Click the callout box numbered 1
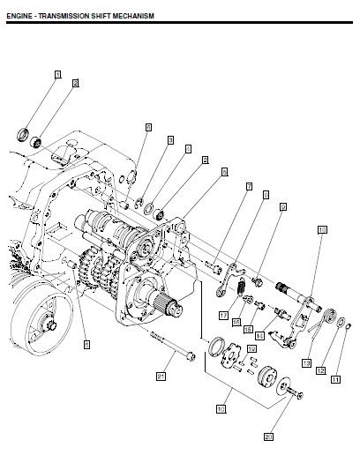click(58, 75)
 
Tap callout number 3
click(170, 139)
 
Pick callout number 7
click(250, 186)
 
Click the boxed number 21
click(161, 376)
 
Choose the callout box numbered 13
click(306, 362)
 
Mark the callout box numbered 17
click(225, 315)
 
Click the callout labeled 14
click(259, 336)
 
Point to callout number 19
click(251, 349)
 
